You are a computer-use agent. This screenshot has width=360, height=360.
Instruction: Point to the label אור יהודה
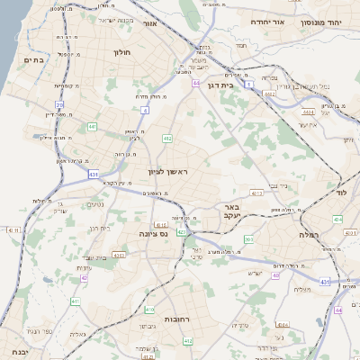coord(266,21)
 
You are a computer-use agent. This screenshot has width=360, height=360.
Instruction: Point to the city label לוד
coord(341,193)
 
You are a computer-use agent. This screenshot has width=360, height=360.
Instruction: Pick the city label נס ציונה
coord(152,234)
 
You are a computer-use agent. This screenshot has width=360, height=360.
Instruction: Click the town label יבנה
coord(19,352)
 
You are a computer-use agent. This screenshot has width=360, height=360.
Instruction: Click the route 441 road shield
coord(93,127)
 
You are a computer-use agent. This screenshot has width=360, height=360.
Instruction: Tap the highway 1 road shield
coord(248,83)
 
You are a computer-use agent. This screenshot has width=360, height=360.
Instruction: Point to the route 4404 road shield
coord(308,112)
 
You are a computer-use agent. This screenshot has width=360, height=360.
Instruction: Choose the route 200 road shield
coord(249,239)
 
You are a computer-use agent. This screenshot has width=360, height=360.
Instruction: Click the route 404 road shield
coord(337,219)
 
